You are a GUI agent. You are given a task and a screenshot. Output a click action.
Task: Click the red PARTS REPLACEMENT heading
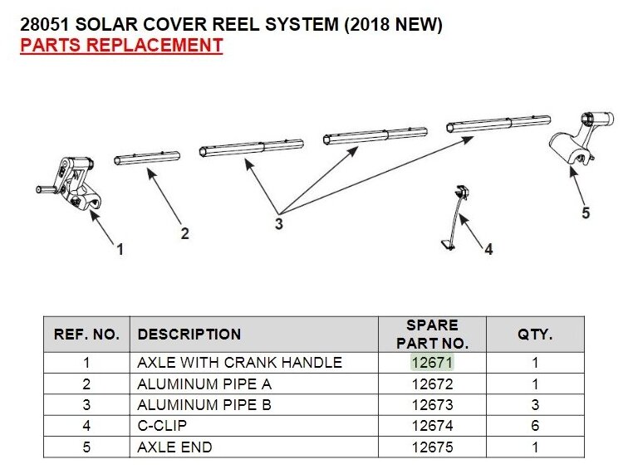[x=121, y=45]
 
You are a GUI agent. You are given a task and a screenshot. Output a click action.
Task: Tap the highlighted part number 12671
[x=432, y=363]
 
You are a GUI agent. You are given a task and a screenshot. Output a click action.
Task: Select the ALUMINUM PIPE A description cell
[x=204, y=384]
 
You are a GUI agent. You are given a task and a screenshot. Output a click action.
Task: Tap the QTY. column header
[x=535, y=335]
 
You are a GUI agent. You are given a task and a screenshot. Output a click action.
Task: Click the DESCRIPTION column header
[x=189, y=335]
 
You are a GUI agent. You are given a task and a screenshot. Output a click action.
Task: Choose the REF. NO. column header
[x=87, y=335]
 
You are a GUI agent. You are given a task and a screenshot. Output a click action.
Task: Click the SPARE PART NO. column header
[x=432, y=334]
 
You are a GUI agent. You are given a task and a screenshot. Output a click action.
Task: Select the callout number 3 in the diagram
[x=279, y=223]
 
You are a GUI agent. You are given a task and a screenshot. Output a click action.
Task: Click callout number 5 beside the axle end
[x=586, y=213]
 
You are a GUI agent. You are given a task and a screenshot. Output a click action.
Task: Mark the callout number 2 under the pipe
[x=184, y=234]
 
